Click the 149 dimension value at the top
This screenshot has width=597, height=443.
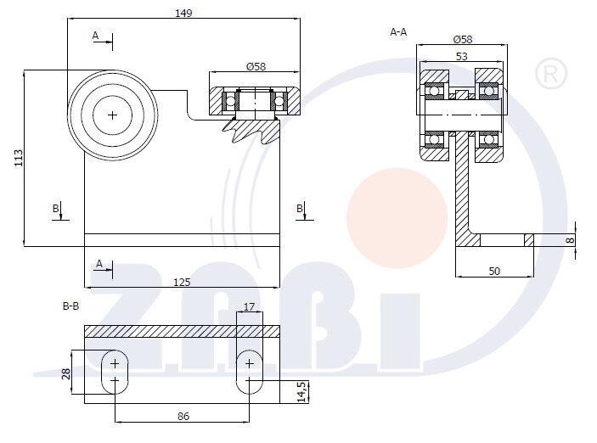pos(183,14)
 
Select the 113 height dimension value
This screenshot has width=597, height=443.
pos(19,158)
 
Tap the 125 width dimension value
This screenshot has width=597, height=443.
pos(182,283)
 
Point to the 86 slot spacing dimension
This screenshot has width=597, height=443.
pos(183,417)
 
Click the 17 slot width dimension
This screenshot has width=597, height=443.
pos(249,306)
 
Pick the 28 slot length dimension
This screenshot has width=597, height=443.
pos(66,373)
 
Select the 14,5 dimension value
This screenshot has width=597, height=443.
pos(301,391)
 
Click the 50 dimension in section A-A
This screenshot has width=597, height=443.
pos(494,272)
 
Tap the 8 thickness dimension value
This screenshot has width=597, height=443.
pos(570,240)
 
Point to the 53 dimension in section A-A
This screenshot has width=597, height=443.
pos(461,57)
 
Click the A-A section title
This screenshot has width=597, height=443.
pos(398,32)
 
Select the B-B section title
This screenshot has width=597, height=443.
pos(70,306)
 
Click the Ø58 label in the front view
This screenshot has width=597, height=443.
pos(256,67)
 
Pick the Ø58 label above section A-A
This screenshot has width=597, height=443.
pos(463,40)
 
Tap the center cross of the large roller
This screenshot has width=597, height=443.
pos(112,115)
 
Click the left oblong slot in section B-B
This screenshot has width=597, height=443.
pos(115,372)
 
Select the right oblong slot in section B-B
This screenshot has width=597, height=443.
pos(250,372)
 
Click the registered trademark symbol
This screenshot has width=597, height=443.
pos(551,74)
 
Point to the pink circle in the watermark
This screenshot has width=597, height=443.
pos(397,218)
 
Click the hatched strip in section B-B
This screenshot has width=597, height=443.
pos(182,332)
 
